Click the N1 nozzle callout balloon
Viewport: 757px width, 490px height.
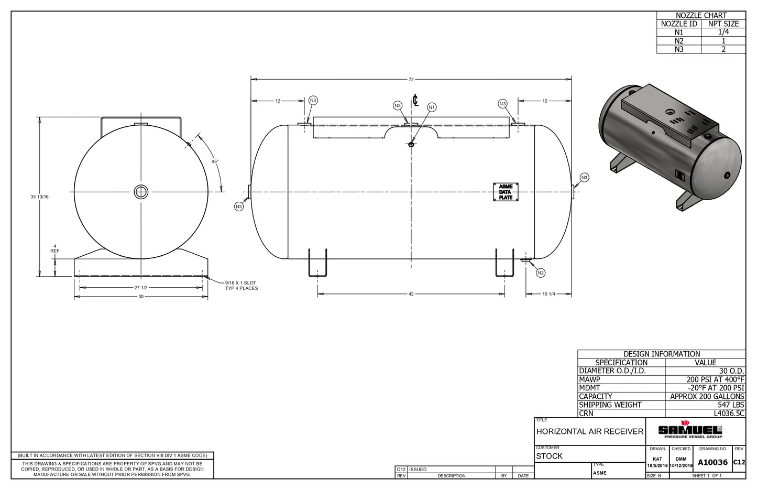coord(432,107)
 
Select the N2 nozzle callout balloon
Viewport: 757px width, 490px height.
coord(541,273)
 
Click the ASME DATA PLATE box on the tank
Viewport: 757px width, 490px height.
coord(506,192)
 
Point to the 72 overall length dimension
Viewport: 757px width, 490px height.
coord(411,80)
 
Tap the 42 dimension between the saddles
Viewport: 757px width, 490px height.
coord(411,294)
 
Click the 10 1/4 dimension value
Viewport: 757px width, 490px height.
coord(548,294)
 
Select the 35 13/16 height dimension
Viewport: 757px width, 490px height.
coord(39,197)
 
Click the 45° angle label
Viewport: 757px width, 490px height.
coord(215,161)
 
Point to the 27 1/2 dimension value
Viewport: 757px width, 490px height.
coord(141,288)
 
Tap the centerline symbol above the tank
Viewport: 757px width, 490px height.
coord(415,100)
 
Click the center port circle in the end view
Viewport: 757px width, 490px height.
coord(141,192)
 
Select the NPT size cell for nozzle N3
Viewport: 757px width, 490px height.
coord(723,49)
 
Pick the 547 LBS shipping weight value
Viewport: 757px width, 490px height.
coord(731,405)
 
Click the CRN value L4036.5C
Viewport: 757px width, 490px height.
coord(729,413)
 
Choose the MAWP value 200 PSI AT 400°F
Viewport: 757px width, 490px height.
coord(715,379)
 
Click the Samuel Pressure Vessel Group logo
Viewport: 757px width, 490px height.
coord(690,431)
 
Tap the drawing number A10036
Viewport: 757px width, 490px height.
coord(712,462)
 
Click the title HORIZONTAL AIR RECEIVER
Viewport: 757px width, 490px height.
coord(589,432)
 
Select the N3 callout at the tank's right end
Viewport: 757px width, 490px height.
coord(584,178)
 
